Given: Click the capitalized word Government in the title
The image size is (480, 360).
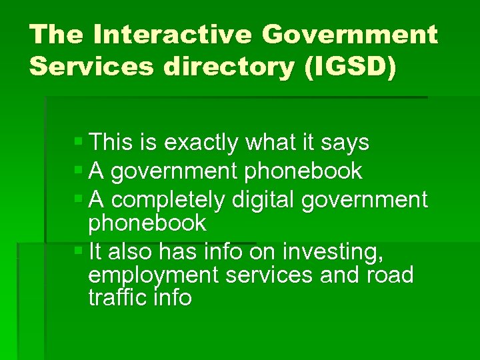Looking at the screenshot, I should coord(349,34).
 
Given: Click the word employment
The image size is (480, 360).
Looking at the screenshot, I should coord(153,275).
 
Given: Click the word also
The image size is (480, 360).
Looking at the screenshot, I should coord(128,252).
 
